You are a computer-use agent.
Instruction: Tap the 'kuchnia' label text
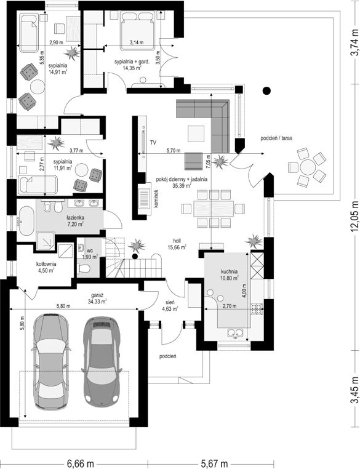tap(230, 271)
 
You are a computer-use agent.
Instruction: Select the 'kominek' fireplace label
tap(156, 199)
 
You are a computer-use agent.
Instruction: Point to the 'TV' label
tap(153, 142)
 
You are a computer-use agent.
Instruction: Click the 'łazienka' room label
tap(75, 218)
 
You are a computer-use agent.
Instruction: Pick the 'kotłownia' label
tap(46, 264)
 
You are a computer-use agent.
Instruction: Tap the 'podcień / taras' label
tap(276, 138)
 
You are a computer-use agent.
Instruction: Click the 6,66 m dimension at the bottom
tap(80, 464)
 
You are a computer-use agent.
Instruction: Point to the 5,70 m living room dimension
tap(174, 151)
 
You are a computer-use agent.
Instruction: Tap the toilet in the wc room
tap(84, 268)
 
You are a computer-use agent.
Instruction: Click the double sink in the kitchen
tap(235, 332)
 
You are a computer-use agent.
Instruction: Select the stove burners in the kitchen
tap(257, 309)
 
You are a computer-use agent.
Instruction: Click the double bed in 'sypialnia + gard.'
tap(138, 31)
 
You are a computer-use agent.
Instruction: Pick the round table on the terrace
tap(308, 166)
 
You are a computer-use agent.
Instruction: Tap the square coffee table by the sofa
tap(196, 134)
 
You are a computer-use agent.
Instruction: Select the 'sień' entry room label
tap(171, 302)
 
